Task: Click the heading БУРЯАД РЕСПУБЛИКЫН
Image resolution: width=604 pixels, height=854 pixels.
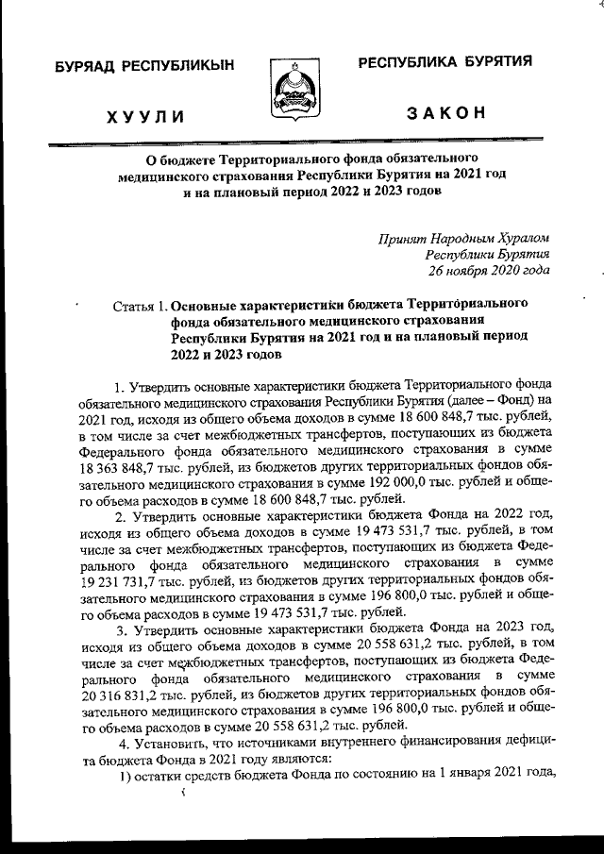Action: (x=143, y=66)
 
